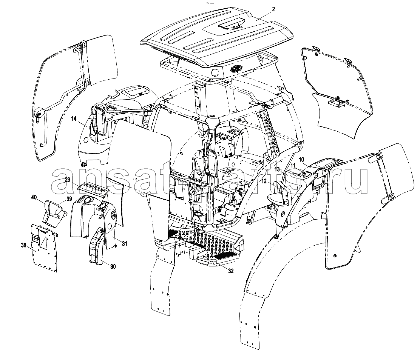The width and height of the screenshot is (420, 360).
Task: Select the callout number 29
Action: (x=67, y=180)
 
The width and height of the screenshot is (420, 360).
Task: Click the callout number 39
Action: (x=69, y=198)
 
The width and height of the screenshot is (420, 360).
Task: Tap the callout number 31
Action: (x=124, y=243)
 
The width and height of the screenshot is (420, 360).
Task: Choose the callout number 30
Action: (x=113, y=266)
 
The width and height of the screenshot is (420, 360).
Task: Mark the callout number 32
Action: (x=231, y=271)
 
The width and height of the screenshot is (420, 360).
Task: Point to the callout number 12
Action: (x=264, y=181)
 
